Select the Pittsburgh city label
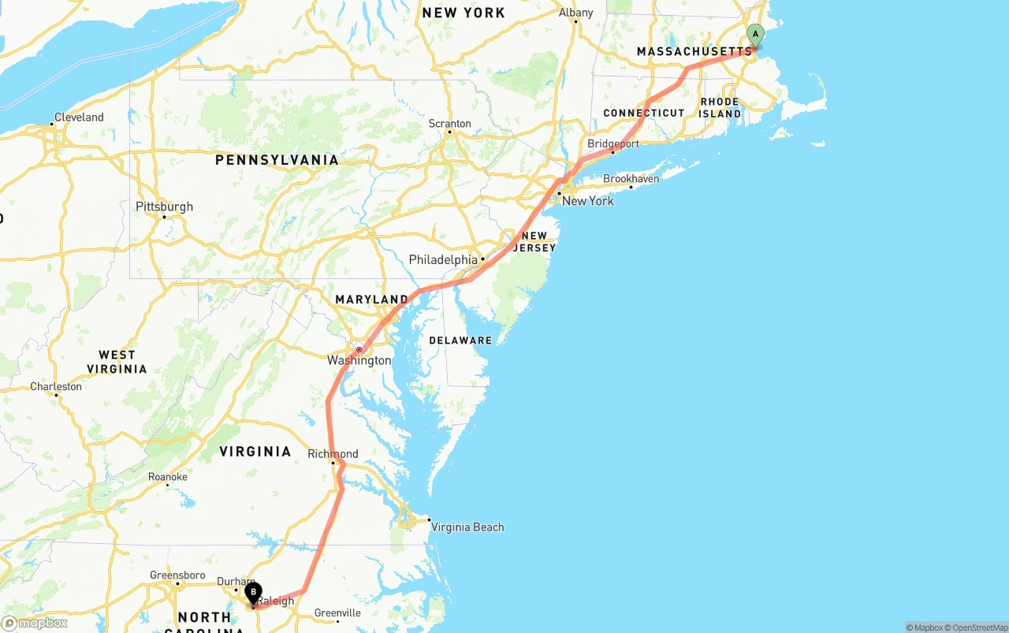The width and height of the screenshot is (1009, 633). pos(164,207)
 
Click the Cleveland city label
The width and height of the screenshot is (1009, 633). pos(79,117)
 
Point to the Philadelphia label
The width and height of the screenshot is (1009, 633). pos(443,260)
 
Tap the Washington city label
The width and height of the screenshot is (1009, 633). pos(359,360)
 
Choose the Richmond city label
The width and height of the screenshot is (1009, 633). pos(333,454)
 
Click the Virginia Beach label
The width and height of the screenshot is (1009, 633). pos(467,527)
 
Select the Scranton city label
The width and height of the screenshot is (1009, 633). pos(449,124)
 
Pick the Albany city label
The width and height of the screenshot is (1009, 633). pos(575,13)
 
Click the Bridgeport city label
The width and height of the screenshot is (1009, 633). pos(613,144)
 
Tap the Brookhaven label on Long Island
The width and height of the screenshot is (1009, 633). pos(631,179)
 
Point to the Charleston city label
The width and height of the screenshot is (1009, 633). pos(56,387)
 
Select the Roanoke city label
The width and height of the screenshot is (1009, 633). pos(168,477)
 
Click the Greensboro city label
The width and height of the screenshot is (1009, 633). pos(177,575)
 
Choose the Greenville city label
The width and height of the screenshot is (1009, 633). pos(337,613)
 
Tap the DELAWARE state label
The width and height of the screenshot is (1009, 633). pos(460,341)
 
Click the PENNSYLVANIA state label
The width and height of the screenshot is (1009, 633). pos(277,160)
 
